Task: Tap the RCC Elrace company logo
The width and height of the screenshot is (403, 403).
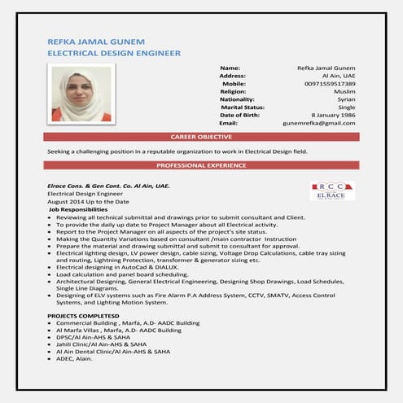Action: pos(331,191)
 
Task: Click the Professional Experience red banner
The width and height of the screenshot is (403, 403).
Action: pos(201,165)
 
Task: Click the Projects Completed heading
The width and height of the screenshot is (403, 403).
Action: pos(83,315)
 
